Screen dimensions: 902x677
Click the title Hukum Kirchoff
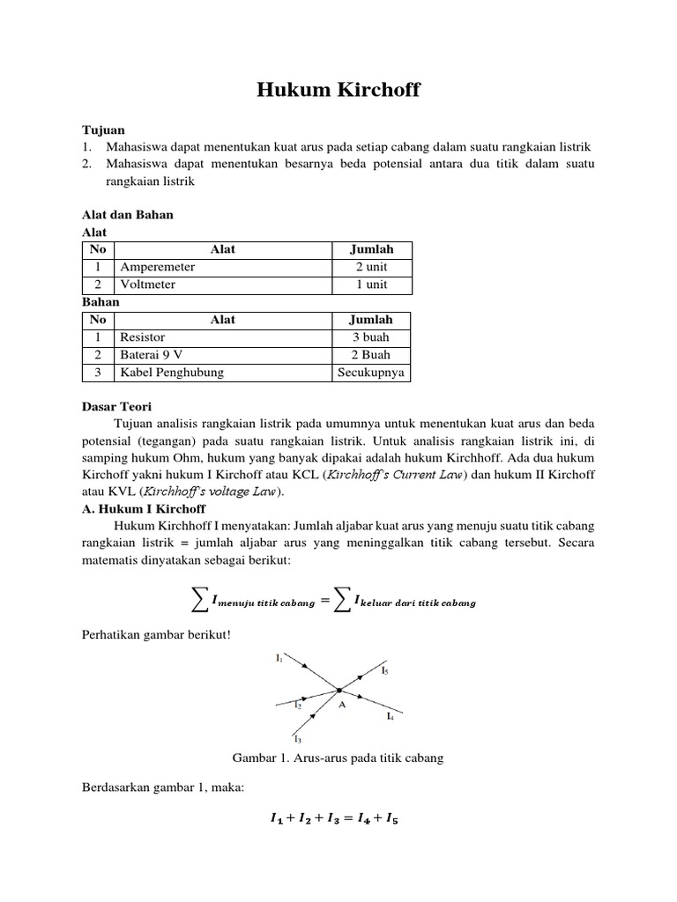pyautogui.click(x=338, y=92)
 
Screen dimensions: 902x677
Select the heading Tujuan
pyautogui.click(x=103, y=129)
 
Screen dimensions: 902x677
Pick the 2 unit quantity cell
pyautogui.click(x=371, y=267)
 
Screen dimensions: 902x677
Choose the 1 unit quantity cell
pyautogui.click(x=371, y=285)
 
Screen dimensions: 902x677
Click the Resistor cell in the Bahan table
pyautogui.click(x=142, y=337)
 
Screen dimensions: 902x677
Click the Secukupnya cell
pyautogui.click(x=371, y=373)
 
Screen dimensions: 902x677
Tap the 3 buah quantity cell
pyautogui.click(x=371, y=337)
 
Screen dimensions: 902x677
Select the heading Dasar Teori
pyautogui.click(x=116, y=407)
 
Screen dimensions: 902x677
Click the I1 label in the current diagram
pyautogui.click(x=279, y=657)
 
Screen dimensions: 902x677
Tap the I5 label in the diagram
pyautogui.click(x=384, y=671)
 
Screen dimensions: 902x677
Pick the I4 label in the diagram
pyautogui.click(x=390, y=717)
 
